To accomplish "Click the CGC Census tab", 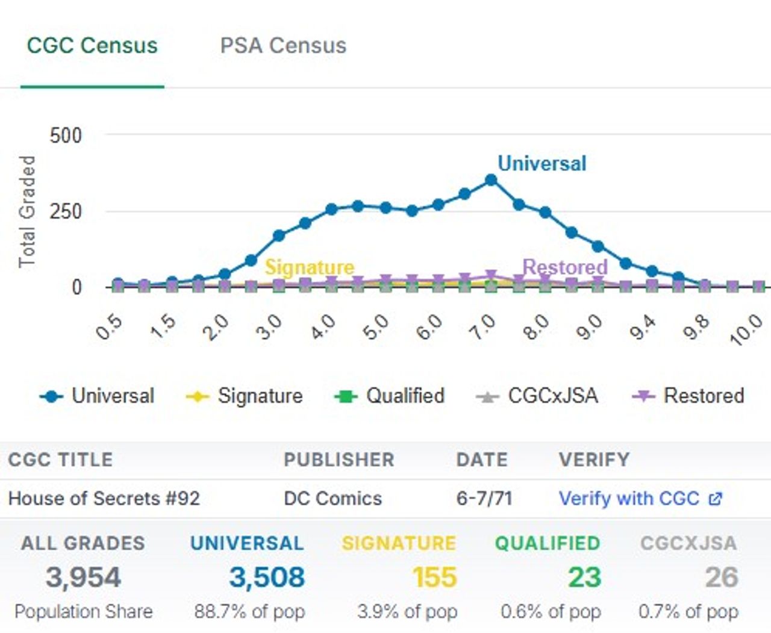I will (92, 46).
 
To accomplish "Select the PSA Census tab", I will (283, 46).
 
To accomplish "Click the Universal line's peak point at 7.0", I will (491, 180).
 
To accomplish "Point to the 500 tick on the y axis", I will (66, 136).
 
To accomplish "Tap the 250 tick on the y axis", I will (66, 211).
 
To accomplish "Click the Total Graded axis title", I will (27, 211).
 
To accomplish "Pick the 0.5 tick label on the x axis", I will (110, 327).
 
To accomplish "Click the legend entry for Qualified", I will (390, 396).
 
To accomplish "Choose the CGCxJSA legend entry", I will (537, 396).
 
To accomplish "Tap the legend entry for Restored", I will (688, 396).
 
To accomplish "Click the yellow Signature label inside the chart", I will (310, 267).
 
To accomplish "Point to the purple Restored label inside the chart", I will (565, 267).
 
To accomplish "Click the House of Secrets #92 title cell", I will (104, 499).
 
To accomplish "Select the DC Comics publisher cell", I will (332, 499).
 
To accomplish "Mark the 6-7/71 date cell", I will (484, 499).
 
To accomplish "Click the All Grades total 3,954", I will (83, 578).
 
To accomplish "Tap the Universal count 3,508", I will (267, 578).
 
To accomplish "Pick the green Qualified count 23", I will (584, 578).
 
